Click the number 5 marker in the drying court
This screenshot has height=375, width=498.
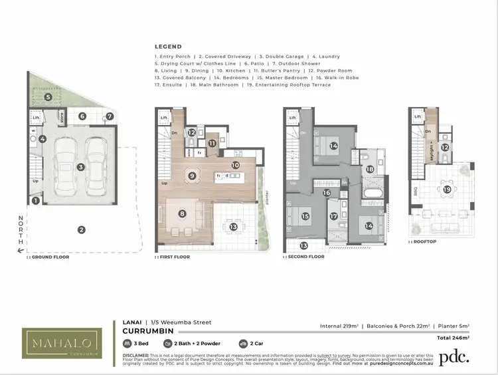coord(48,97)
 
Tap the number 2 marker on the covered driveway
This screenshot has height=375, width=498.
coord(81,230)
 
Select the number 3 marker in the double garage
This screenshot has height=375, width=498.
coord(80,168)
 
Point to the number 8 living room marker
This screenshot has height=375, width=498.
coord(182,213)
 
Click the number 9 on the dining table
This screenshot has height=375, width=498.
coord(192,176)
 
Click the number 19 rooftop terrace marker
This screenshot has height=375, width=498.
coord(448,189)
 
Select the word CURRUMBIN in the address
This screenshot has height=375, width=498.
coord(147,330)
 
